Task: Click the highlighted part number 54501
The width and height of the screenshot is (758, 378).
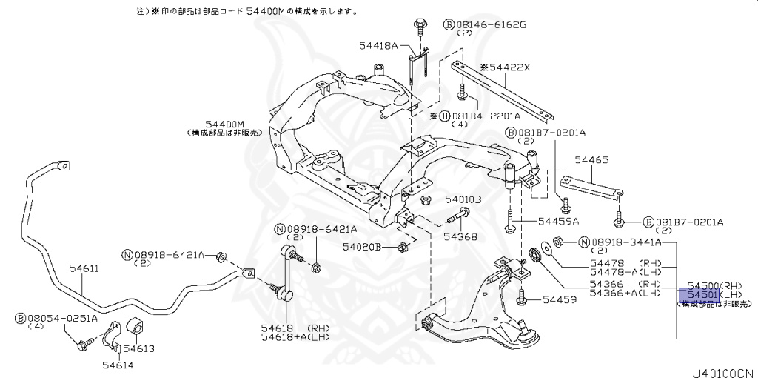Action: point(699,295)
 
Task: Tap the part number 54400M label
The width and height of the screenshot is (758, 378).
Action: point(225,124)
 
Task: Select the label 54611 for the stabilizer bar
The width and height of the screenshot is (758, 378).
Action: point(84,268)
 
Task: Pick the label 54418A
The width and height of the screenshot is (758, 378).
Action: point(379,46)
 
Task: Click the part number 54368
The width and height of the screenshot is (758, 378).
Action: point(460,237)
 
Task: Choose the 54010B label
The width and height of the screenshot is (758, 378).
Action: point(463,199)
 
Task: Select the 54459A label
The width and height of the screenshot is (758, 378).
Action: point(558,221)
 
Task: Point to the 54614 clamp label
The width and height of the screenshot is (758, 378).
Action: point(119,364)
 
